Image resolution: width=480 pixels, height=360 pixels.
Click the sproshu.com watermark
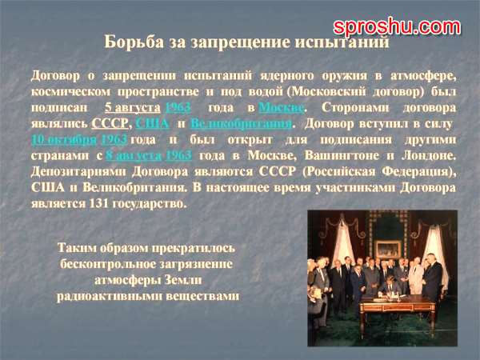397,27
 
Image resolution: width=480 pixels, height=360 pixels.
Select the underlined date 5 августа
133,107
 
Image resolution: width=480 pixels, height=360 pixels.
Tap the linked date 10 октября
64,139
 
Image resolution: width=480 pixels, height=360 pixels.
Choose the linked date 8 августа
134,155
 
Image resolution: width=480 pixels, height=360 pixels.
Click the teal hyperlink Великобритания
242,123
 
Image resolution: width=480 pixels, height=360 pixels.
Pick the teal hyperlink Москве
282,107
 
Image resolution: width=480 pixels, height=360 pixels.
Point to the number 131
98,203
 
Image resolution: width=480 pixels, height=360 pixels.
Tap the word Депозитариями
78,172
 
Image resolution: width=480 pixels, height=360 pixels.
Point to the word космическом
70,91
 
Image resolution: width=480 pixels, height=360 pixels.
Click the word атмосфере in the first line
423,76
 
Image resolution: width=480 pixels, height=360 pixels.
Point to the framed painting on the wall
388,249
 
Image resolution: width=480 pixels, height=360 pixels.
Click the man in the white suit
416,276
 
